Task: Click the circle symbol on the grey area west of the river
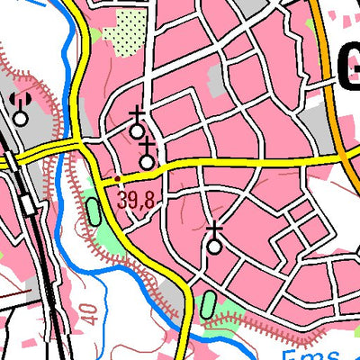coord(20,115)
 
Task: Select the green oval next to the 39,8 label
coord(94,212)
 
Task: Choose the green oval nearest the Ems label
coord(209,304)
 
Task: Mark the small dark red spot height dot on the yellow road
coord(117,179)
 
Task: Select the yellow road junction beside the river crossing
coord(83,146)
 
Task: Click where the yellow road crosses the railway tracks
coord(11,160)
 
